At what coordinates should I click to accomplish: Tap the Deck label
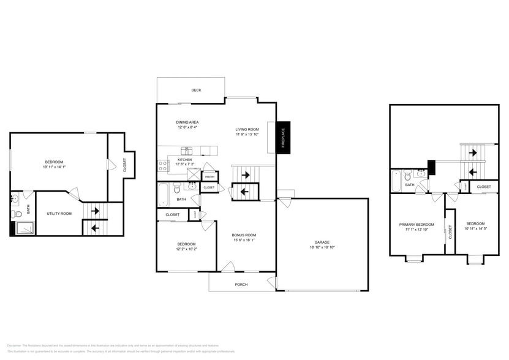coord(196,90)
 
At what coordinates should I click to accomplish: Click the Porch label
coord(241,284)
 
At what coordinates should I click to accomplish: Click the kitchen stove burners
coord(163,164)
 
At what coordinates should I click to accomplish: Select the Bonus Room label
coord(244,235)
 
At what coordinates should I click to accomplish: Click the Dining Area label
coord(187,122)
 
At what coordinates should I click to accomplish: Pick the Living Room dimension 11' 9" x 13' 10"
coord(247,134)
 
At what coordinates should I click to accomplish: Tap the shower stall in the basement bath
coord(23,227)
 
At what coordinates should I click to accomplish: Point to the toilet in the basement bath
coord(17,214)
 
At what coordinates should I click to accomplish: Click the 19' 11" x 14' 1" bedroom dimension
coord(53,167)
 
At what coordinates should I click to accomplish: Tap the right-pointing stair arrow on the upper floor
coord(472,152)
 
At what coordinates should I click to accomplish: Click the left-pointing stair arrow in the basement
coord(95,228)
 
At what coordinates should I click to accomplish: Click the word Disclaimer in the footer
coord(13,345)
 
